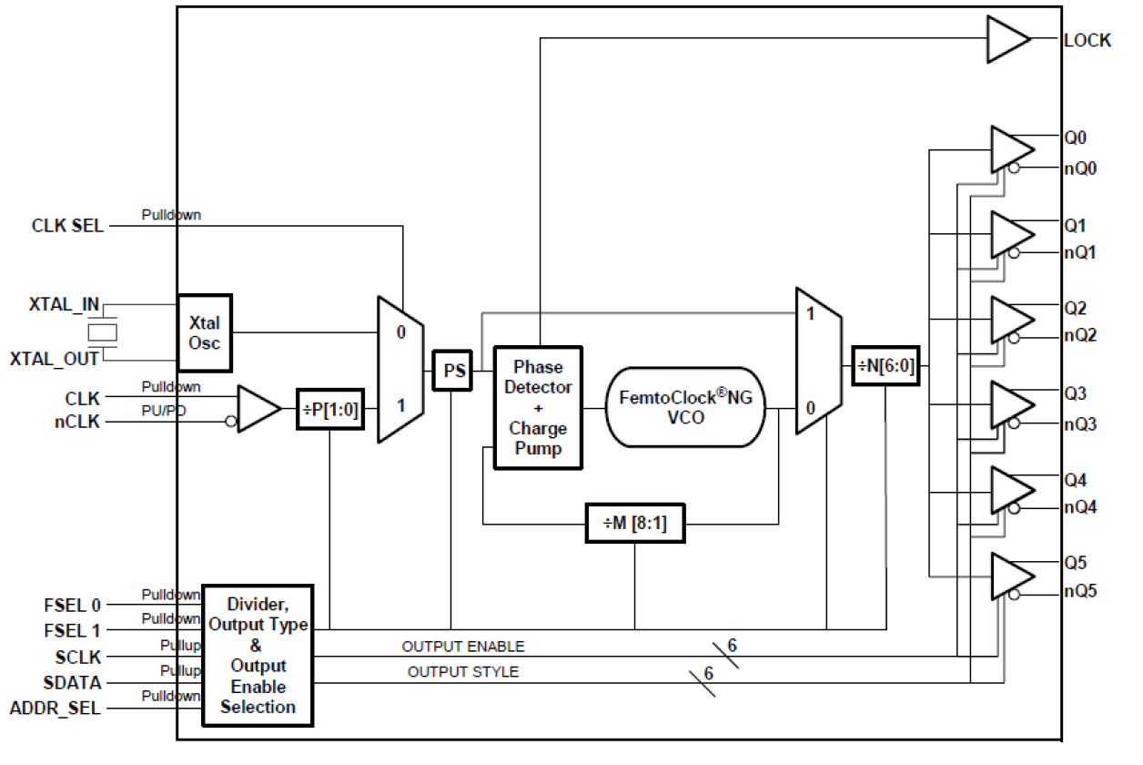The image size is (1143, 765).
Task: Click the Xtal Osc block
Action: (x=205, y=332)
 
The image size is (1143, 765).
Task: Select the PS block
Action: (x=452, y=371)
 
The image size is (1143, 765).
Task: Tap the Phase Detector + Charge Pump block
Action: (x=538, y=407)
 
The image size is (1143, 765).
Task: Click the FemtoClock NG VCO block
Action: (x=685, y=407)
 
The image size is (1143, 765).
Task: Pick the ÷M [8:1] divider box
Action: (x=634, y=524)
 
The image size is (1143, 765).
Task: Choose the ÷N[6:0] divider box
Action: (x=885, y=368)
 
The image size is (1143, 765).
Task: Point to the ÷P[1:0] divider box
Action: (x=329, y=409)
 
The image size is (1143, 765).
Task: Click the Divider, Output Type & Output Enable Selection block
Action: (x=258, y=656)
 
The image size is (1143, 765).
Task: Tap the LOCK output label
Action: (x=1087, y=41)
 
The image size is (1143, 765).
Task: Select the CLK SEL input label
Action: (x=67, y=225)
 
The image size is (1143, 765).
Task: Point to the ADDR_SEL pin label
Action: (x=55, y=708)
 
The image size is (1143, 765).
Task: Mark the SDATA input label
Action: (x=72, y=682)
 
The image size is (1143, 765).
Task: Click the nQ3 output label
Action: (x=1080, y=423)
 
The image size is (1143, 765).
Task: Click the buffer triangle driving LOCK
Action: (x=1006, y=41)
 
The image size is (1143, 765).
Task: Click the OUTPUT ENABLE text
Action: (x=463, y=647)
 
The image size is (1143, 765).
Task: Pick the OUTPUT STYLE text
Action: (x=463, y=672)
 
